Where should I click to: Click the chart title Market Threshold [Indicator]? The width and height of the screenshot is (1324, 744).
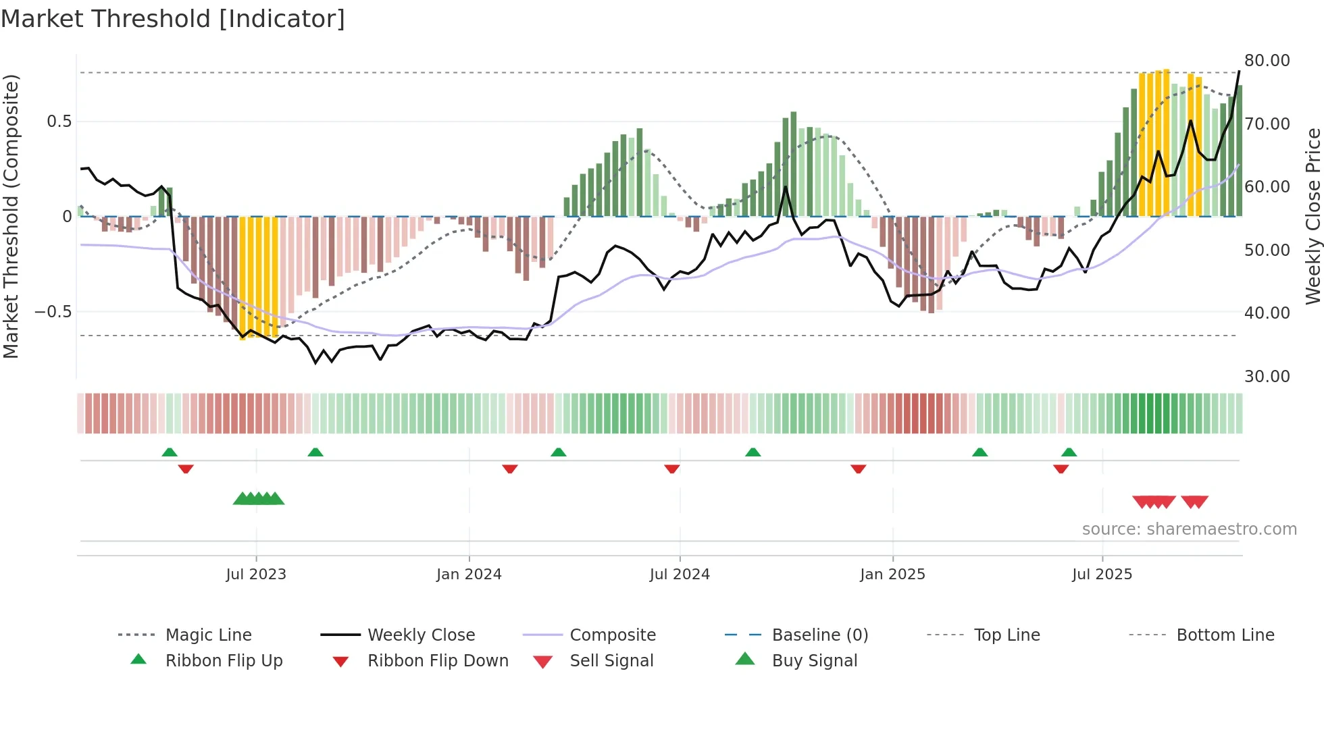[173, 19]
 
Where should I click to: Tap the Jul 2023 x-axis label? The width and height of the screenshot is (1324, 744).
[256, 574]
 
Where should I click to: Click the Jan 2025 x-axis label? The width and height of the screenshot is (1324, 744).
[892, 574]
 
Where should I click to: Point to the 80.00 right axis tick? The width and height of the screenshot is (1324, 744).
[1267, 60]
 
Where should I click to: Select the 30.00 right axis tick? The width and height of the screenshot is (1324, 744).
[1267, 376]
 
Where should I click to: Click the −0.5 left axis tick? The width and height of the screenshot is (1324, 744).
[53, 311]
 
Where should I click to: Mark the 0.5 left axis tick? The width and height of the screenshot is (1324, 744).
[59, 122]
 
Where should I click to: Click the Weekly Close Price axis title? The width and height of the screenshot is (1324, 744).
[1313, 216]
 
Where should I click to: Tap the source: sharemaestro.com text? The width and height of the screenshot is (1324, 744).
[1189, 529]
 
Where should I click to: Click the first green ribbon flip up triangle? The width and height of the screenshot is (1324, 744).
[170, 452]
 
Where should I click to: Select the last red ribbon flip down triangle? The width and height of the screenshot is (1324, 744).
[1061, 469]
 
